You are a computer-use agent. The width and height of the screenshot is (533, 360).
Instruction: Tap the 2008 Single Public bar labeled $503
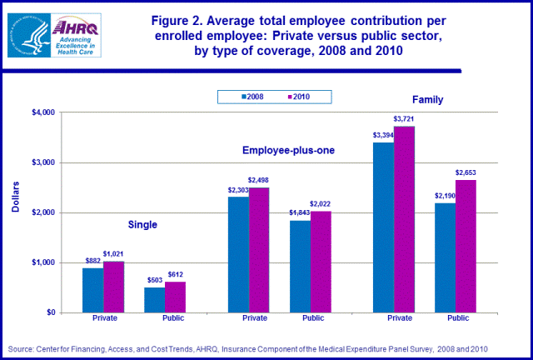click(x=154, y=300)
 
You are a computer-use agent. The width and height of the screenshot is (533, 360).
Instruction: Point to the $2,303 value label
click(x=237, y=190)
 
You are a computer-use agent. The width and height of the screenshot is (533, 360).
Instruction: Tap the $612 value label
click(x=176, y=274)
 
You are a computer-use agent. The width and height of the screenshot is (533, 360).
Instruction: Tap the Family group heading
click(x=426, y=99)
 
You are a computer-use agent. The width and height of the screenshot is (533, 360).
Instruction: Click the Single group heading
click(x=142, y=224)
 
